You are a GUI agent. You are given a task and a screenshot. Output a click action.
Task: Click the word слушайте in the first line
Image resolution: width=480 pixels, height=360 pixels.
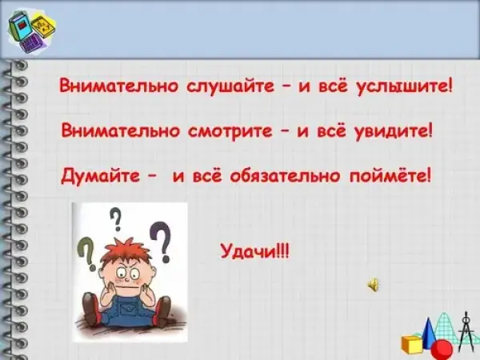(230, 86)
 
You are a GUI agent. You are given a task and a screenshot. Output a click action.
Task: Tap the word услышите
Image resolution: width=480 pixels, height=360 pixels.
(405, 86)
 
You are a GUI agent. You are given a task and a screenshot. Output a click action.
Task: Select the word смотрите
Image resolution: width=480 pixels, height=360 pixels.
(230, 130)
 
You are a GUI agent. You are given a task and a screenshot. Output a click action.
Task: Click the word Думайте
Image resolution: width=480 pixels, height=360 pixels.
(100, 176)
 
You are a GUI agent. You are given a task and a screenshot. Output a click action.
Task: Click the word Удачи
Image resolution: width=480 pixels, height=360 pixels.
(249, 252)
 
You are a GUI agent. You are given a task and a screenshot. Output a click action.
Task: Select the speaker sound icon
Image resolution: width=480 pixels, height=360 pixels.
(374, 285)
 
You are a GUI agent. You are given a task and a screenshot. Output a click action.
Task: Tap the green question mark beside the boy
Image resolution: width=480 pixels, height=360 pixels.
(87, 254)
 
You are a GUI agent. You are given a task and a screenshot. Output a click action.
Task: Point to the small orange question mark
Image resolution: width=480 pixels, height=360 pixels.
(117, 219)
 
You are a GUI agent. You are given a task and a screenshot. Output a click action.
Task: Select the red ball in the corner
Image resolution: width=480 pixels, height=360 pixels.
(442, 350)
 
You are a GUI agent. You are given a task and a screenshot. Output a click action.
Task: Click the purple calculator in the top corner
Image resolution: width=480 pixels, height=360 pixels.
(31, 43)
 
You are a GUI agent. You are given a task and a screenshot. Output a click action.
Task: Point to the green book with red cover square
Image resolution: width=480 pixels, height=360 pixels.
(21, 26)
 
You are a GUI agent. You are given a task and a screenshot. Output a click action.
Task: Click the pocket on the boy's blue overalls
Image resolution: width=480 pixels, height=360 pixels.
(129, 308)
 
